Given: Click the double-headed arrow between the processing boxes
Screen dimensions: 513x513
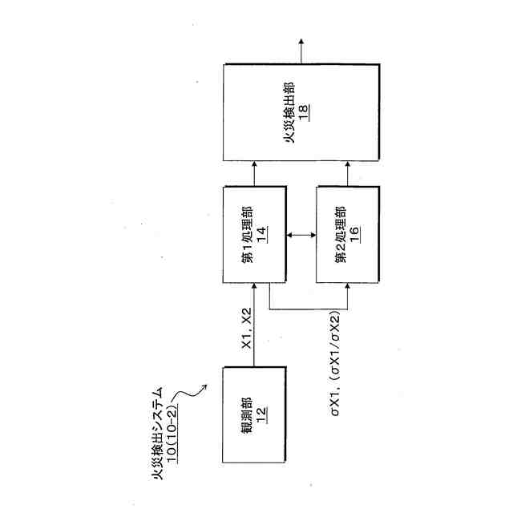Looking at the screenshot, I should [301, 234].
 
